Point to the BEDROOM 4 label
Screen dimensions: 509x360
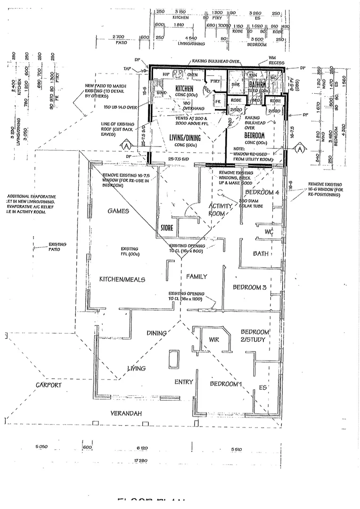click(x=262, y=192)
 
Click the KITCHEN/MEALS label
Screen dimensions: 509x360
click(x=122, y=279)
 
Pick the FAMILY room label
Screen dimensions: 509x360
click(x=196, y=277)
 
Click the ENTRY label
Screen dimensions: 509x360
click(x=184, y=382)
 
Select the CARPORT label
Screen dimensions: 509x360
click(x=49, y=385)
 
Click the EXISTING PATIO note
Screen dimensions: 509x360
click(x=57, y=246)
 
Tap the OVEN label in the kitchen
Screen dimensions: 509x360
click(x=192, y=74)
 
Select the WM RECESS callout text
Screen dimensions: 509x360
click(x=272, y=60)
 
